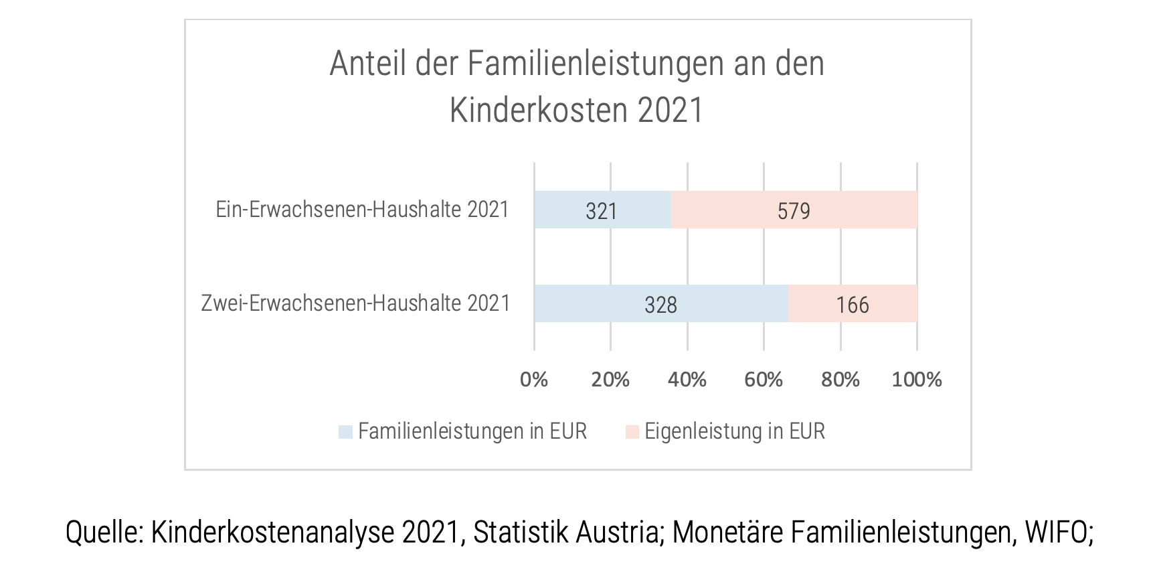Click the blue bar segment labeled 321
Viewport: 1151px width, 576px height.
[x=602, y=210]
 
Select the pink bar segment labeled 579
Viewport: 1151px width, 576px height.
[x=794, y=210]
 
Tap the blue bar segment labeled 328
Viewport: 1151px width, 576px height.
[x=660, y=303]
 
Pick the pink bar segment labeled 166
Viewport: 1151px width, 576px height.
[x=853, y=303]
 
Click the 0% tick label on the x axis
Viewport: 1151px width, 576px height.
[x=534, y=380]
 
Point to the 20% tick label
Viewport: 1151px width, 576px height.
[x=610, y=380]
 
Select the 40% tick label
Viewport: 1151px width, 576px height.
[x=687, y=380]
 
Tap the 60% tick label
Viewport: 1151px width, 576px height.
[x=764, y=380]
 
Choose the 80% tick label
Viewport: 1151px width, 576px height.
[x=840, y=380]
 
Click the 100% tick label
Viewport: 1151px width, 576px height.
[x=917, y=380]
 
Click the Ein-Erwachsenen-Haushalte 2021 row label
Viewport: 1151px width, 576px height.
[x=362, y=210]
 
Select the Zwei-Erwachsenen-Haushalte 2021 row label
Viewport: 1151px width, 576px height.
[x=355, y=303]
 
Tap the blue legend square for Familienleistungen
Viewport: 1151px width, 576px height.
[x=345, y=432]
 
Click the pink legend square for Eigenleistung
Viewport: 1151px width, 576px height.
[x=632, y=432]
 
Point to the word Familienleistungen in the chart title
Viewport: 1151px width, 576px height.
[x=596, y=64]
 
